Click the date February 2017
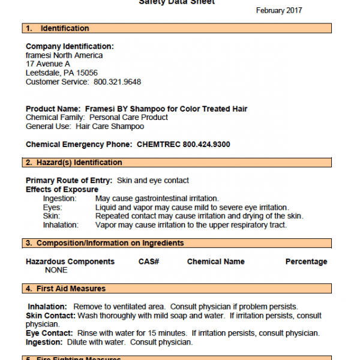pos(279,10)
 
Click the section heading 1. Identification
pos(57,28)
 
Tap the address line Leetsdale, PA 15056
pos(62,73)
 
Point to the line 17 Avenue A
pos(48,64)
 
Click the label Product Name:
pos(53,109)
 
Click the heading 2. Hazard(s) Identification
pos(73,163)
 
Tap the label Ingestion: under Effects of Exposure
pos(59,199)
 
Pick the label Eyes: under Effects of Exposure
pos(52,208)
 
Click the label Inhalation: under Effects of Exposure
pos(61,225)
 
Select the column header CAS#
pos(148,262)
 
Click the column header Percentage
pos(306,262)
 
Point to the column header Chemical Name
pos(216,262)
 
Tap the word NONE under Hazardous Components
pos(56,270)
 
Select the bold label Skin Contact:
pos(50,316)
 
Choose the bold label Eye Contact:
pos(50,333)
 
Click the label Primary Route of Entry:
pos(69,181)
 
